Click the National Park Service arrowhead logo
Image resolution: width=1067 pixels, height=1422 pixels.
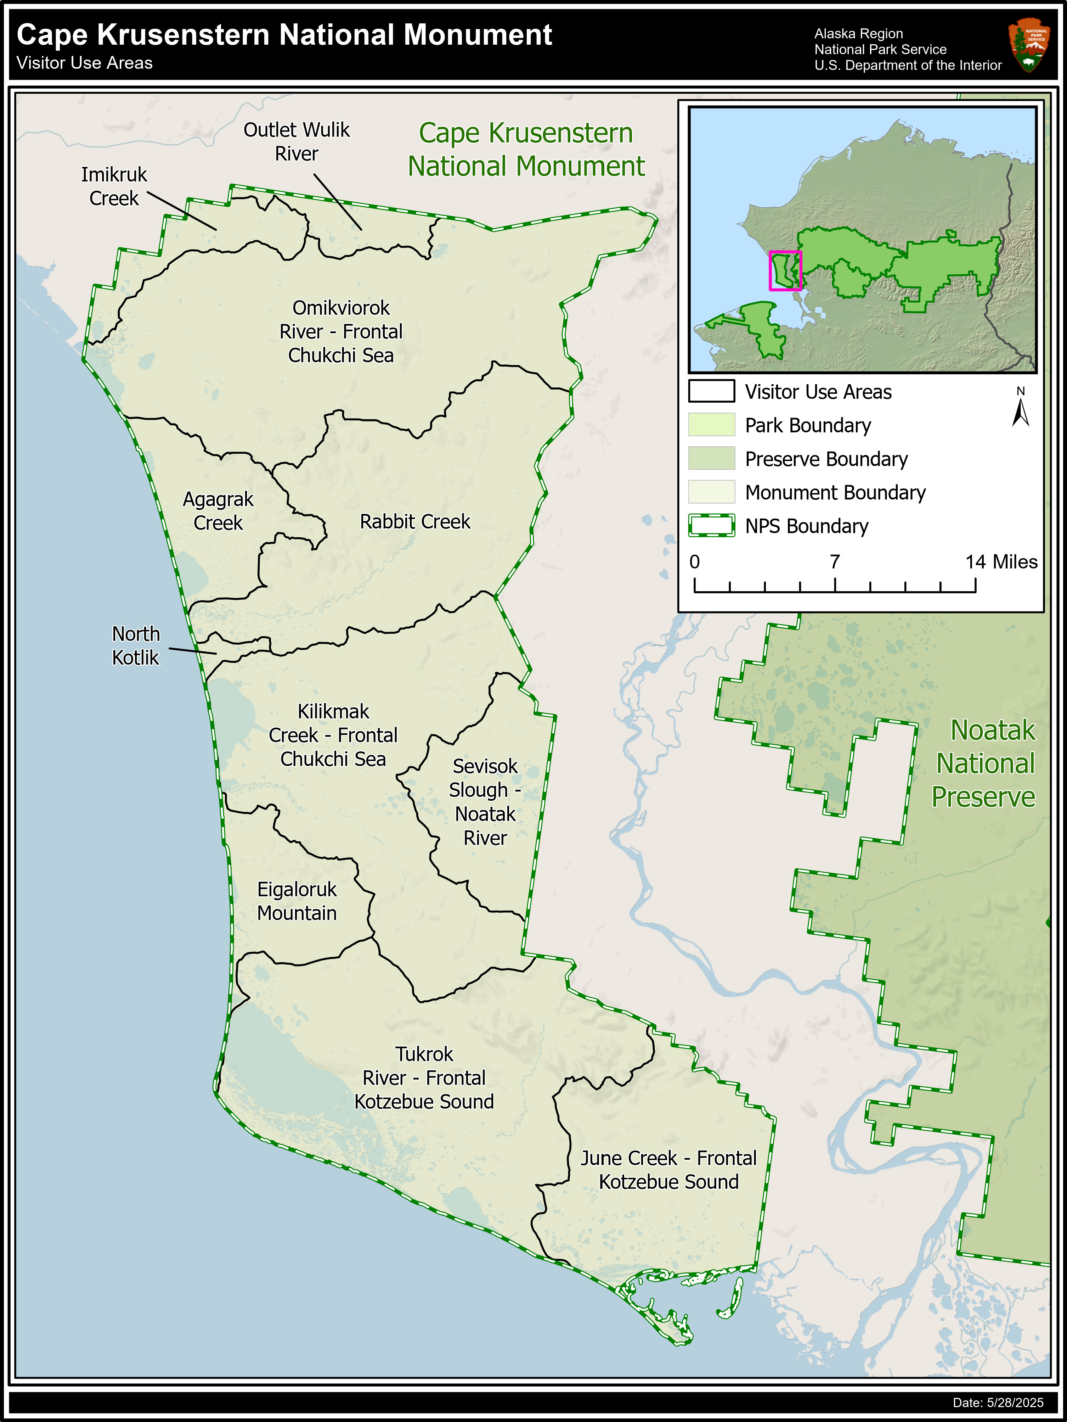pyautogui.click(x=1030, y=44)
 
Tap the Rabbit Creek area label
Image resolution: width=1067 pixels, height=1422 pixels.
pyautogui.click(x=414, y=521)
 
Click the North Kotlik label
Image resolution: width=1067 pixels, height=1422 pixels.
pyautogui.click(x=136, y=645)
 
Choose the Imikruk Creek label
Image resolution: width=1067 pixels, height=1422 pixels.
pyautogui.click(x=114, y=186)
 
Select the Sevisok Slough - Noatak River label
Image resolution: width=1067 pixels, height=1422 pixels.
pyautogui.click(x=485, y=802)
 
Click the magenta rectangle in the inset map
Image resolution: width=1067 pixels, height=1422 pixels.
pyautogui.click(x=785, y=271)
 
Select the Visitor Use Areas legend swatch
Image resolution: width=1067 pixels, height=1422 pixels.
pyautogui.click(x=711, y=391)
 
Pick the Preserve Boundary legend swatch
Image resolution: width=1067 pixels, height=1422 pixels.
pyautogui.click(x=711, y=458)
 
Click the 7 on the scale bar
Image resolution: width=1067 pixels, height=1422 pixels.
pyautogui.click(x=835, y=562)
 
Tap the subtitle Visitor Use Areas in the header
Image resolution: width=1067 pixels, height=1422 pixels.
pyautogui.click(x=85, y=63)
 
